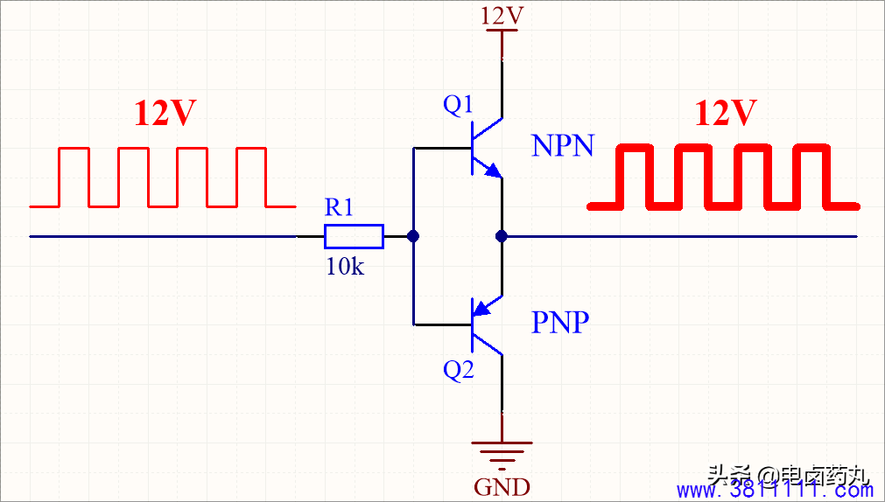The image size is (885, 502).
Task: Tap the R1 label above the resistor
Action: point(339,208)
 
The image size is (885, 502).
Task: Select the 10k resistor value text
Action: point(346,266)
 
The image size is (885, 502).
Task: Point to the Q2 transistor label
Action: point(459,370)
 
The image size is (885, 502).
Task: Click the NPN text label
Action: point(563,147)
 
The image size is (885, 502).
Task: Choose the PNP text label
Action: point(560,323)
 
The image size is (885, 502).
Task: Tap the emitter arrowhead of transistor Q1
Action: point(494,171)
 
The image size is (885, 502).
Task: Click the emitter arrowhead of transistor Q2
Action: point(481,308)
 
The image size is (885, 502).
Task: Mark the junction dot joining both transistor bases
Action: point(413,236)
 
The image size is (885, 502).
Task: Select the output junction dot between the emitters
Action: point(502,236)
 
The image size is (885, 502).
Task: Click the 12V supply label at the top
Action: point(502,17)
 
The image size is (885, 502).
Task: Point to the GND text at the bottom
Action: point(502,486)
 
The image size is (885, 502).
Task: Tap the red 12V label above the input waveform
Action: point(165,114)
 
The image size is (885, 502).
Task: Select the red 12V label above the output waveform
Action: point(725,114)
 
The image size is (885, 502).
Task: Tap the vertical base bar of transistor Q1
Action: point(473,149)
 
